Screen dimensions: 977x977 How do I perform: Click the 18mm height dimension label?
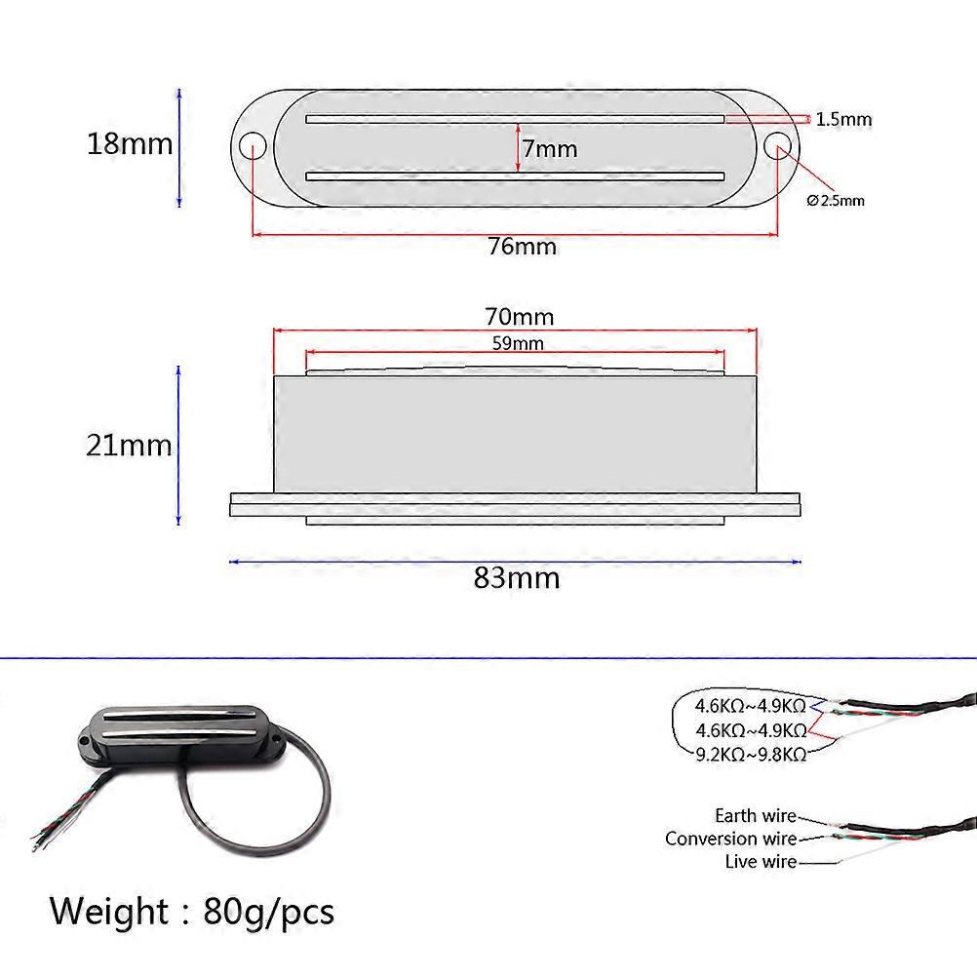click(129, 144)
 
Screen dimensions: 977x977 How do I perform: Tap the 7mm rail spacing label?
click(549, 149)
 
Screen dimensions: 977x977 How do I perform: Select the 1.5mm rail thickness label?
click(843, 120)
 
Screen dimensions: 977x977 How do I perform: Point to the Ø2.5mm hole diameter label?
click(836, 201)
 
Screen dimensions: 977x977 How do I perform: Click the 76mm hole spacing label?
click(522, 247)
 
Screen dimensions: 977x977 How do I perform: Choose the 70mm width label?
click(519, 317)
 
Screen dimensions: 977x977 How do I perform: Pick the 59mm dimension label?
click(517, 343)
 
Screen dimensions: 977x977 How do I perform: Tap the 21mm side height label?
click(129, 446)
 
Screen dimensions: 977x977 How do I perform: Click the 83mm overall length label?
click(517, 578)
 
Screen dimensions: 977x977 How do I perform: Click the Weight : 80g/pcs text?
click(192, 912)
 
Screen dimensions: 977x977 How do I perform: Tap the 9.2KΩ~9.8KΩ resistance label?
click(750, 754)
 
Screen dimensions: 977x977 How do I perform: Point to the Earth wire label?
click(755, 816)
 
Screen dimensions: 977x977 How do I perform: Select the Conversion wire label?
click(730, 839)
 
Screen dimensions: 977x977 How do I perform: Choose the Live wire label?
click(761, 862)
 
